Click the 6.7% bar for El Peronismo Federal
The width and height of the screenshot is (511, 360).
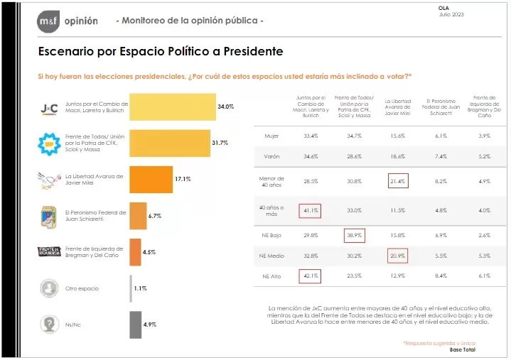tap(137, 216)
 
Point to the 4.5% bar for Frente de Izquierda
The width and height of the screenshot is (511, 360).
tap(134, 251)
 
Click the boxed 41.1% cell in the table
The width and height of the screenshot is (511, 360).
tap(310, 210)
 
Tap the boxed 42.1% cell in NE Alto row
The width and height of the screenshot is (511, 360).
tap(310, 276)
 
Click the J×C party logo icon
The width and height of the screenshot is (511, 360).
tap(50, 108)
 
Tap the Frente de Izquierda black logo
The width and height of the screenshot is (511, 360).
tap(50, 251)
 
